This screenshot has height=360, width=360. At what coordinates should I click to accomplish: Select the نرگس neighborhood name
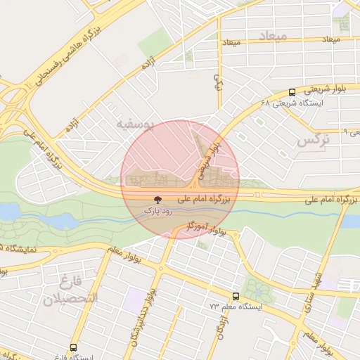coord(313,140)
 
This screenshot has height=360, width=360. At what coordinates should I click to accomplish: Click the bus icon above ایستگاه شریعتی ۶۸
coord(292,92)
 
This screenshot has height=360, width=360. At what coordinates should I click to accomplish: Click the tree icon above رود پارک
coord(156,200)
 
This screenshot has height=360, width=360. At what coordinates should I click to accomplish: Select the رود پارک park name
coord(157,210)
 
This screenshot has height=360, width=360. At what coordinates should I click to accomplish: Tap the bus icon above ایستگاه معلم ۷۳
coord(236,296)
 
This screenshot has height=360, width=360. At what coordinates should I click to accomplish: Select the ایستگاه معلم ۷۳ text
coord(236,307)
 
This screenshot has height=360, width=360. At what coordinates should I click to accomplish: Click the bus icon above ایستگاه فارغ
coord(74,347)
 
